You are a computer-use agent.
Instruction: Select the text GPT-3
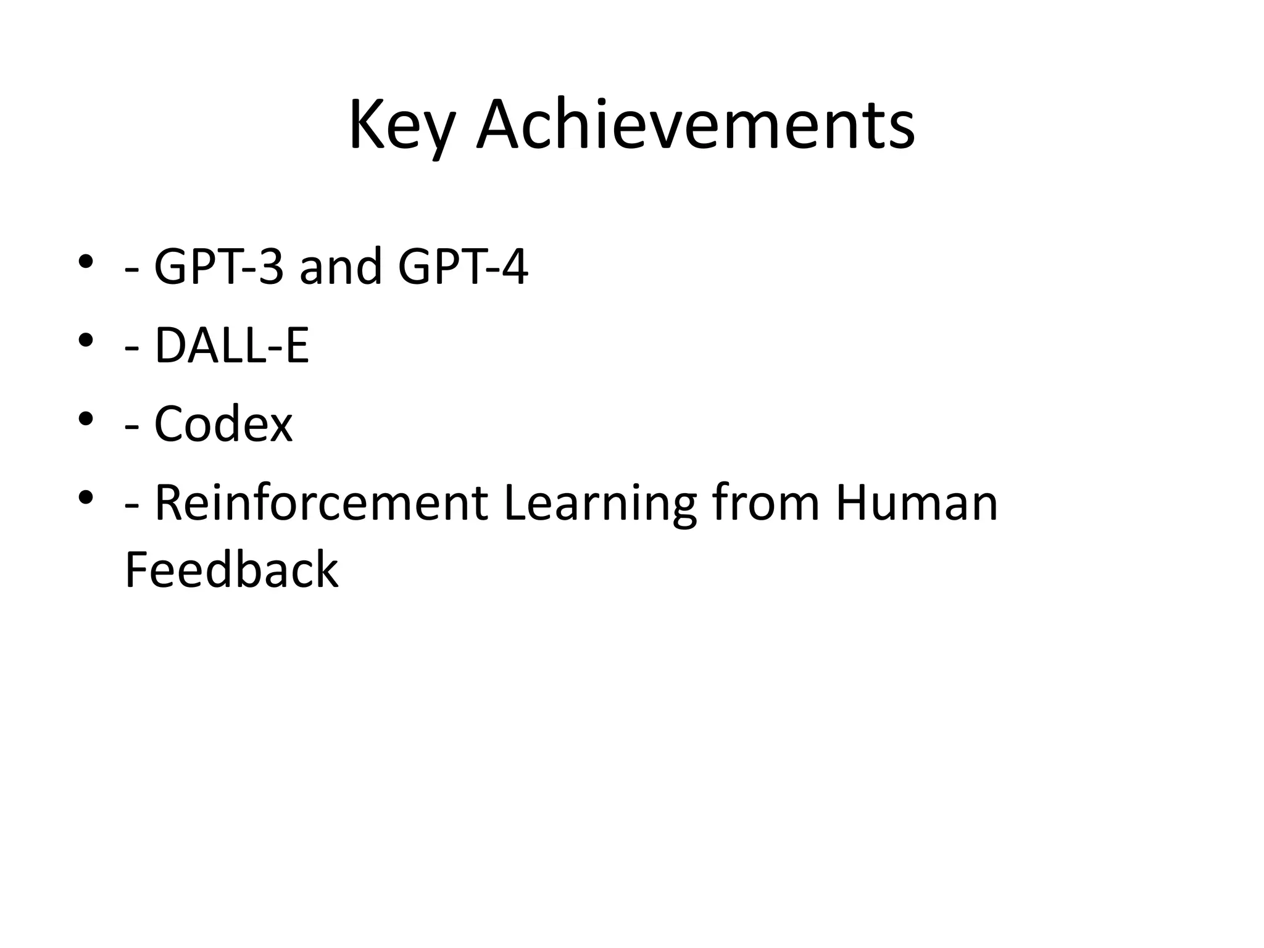(219, 267)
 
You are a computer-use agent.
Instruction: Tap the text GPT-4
(463, 267)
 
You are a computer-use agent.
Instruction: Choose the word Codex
(223, 424)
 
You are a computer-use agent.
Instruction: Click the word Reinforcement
(321, 503)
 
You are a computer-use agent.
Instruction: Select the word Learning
(600, 503)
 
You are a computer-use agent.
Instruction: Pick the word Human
(917, 503)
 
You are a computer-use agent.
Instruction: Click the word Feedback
(231, 570)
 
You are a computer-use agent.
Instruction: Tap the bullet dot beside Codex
(86, 418)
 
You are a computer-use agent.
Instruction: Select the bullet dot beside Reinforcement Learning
(86, 497)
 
